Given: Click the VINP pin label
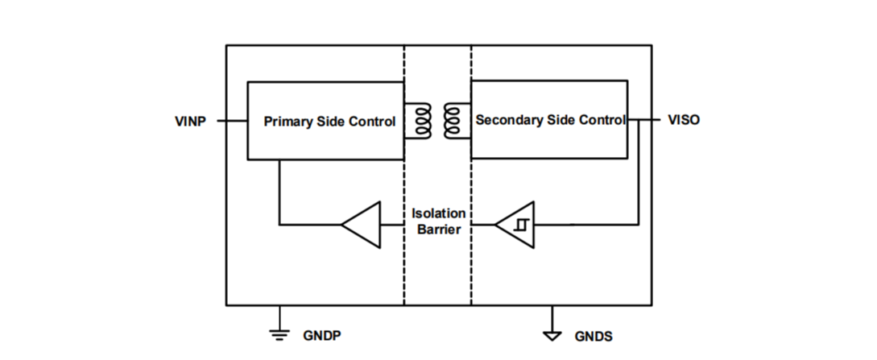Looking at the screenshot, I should pyautogui.click(x=190, y=121).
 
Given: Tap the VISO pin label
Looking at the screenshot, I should pyautogui.click(x=684, y=121).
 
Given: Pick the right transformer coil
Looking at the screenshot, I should pyautogui.click(x=453, y=121).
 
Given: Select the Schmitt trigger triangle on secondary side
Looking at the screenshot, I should pyautogui.click(x=515, y=225).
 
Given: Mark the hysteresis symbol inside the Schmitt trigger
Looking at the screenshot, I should pyautogui.click(x=521, y=225).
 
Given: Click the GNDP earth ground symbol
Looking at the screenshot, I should pyautogui.click(x=280, y=333).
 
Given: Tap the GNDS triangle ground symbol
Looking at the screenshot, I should pyautogui.click(x=552, y=334).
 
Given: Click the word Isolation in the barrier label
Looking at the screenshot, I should pyautogui.click(x=438, y=214).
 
